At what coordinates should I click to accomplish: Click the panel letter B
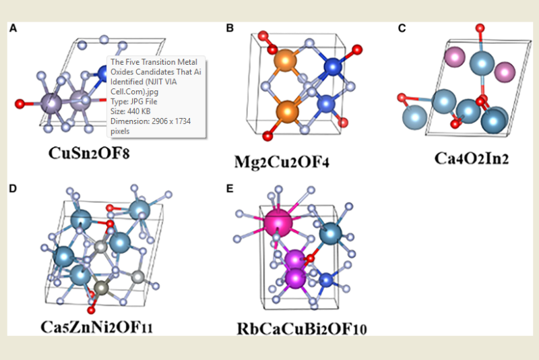230,28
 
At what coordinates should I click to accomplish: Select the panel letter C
402,28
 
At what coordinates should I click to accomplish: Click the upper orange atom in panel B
286,62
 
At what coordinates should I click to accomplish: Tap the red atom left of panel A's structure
20,104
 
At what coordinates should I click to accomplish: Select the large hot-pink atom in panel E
276,220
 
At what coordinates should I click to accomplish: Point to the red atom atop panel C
479,28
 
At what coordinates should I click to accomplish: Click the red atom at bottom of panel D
90,309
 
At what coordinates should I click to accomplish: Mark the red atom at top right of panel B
357,49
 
